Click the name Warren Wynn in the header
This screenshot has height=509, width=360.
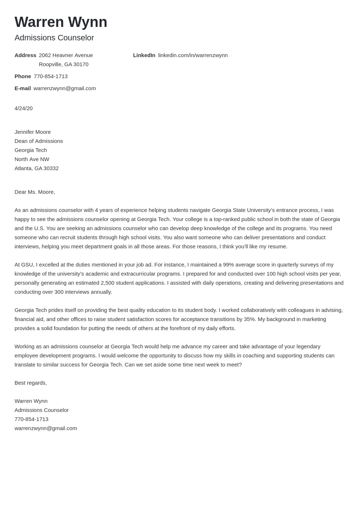(61, 22)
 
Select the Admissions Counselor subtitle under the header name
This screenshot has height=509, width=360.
(54, 38)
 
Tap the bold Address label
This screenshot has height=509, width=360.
(25, 55)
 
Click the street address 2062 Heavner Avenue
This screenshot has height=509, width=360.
(66, 55)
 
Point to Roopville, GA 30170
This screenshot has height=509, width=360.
(64, 64)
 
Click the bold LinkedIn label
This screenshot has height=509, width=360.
(144, 55)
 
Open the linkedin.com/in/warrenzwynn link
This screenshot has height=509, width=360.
(193, 55)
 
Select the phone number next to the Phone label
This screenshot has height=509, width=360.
(51, 76)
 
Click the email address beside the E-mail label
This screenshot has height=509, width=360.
(64, 88)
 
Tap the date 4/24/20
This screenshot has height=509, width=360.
(24, 108)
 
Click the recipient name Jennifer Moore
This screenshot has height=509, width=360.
(33, 132)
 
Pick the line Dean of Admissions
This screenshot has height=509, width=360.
(39, 141)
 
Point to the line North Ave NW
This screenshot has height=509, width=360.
(32, 159)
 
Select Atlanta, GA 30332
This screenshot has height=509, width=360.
(36, 168)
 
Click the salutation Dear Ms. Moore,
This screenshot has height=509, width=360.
(35, 192)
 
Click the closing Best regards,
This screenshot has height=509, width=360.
(31, 383)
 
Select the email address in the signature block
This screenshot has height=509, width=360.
(45, 428)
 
